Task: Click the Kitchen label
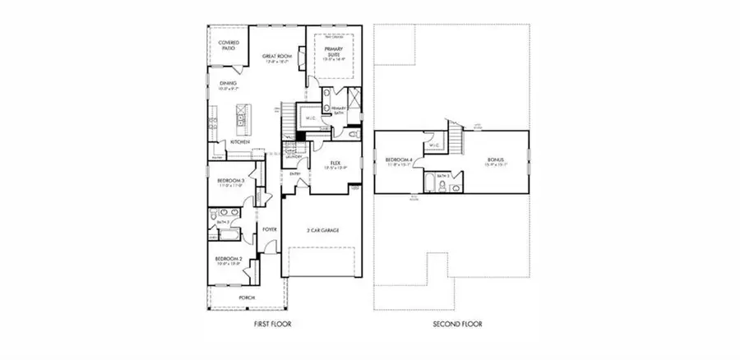click(240, 142)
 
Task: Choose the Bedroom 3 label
click(231, 181)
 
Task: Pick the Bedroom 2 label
click(230, 261)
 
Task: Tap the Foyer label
click(268, 229)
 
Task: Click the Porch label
click(247, 297)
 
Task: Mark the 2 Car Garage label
click(324, 230)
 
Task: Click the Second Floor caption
click(457, 325)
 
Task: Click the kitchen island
click(243, 121)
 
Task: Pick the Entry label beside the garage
click(295, 174)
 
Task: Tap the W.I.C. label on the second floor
click(434, 147)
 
